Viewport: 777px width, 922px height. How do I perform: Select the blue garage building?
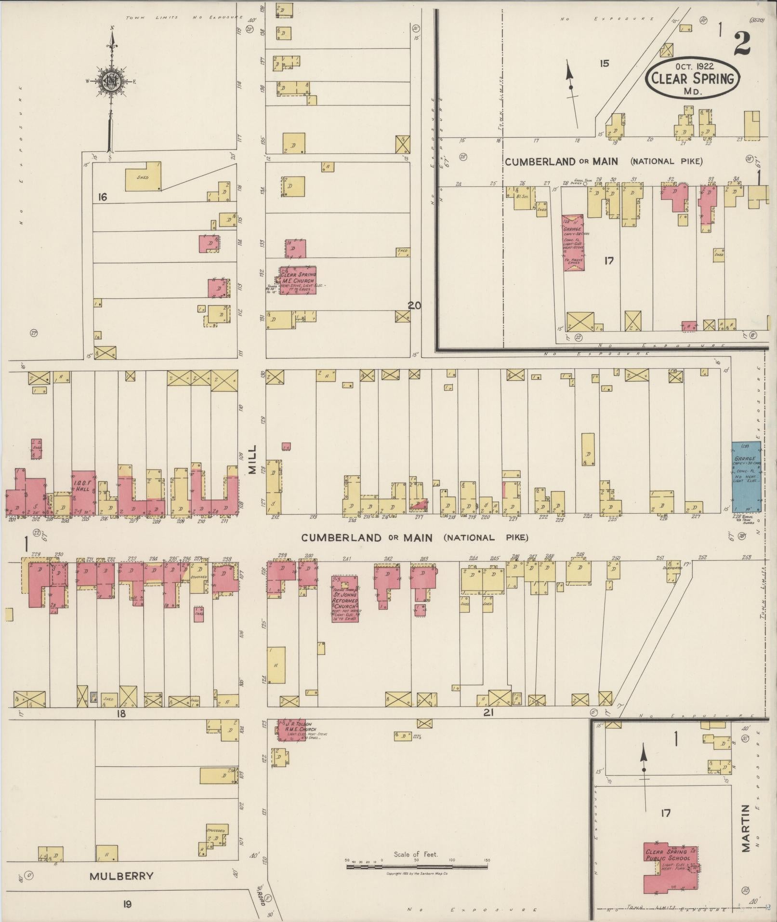click(746, 477)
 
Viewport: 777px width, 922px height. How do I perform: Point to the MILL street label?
click(253, 460)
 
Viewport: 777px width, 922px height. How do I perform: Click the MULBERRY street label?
click(121, 876)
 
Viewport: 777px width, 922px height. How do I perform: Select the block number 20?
click(414, 305)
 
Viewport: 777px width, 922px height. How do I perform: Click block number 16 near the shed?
click(102, 197)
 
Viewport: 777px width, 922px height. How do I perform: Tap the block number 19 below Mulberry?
click(127, 904)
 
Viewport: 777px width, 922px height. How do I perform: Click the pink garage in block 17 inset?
click(573, 242)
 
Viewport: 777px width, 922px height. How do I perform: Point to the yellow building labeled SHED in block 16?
click(143, 177)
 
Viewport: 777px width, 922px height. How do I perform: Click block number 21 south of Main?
click(488, 712)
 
